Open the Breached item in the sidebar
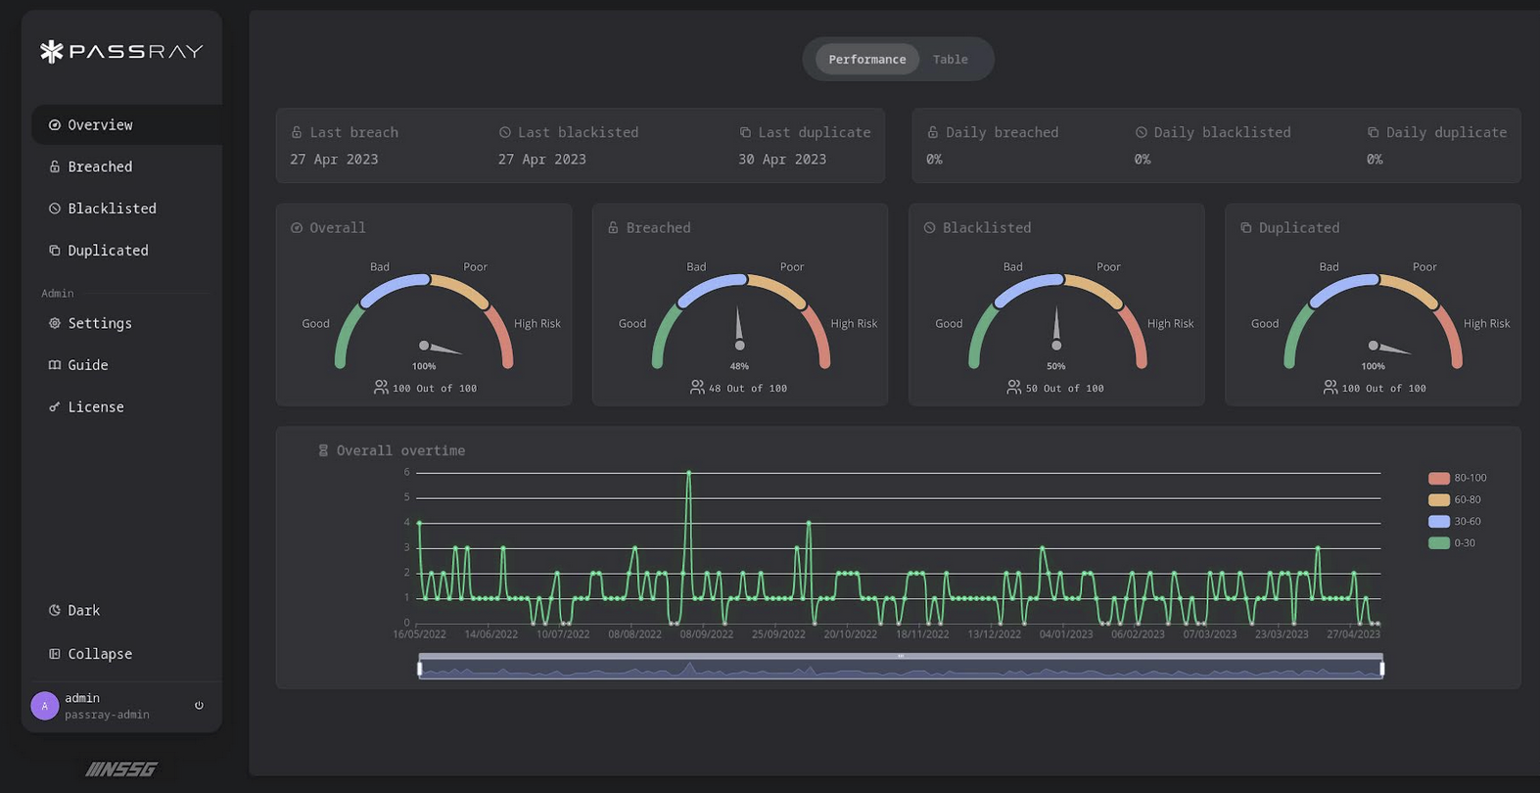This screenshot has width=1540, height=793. (99, 166)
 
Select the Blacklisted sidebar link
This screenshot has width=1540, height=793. (111, 209)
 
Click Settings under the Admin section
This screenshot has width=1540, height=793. (99, 323)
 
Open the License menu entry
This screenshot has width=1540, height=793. (95, 407)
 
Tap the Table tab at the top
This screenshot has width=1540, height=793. (950, 60)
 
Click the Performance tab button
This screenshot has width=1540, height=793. (866, 60)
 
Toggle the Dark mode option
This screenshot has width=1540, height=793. (83, 611)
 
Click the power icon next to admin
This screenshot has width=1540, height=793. (199, 705)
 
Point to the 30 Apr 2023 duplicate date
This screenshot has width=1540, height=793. (781, 160)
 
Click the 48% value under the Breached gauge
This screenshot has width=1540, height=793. (739, 366)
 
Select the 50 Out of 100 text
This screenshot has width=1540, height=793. (1064, 389)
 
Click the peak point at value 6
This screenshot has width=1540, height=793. (688, 473)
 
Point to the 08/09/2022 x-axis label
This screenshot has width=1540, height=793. (706, 634)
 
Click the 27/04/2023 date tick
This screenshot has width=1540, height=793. (1353, 634)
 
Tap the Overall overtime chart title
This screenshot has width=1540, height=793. (399, 450)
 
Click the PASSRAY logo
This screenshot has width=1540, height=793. (121, 51)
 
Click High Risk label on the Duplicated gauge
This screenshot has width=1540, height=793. (1486, 324)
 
